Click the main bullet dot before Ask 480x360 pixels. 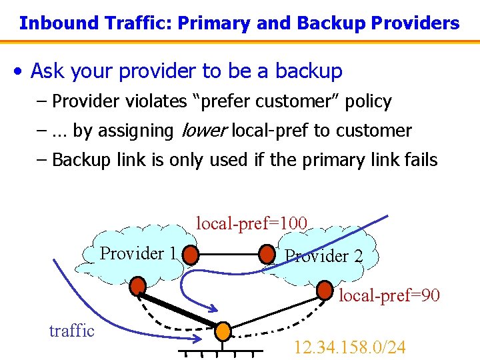pos(22,71)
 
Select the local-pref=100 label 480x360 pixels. pos(251,223)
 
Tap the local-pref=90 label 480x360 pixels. pos(389,295)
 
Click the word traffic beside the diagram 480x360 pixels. pos(72,331)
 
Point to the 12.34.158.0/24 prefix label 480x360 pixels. pos(349,347)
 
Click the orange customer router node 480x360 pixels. pos(223,331)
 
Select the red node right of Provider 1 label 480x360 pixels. pos(191,255)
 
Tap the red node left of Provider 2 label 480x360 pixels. pos(267,255)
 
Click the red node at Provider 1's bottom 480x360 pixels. pos(138,287)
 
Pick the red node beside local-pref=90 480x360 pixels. pos(325,289)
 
